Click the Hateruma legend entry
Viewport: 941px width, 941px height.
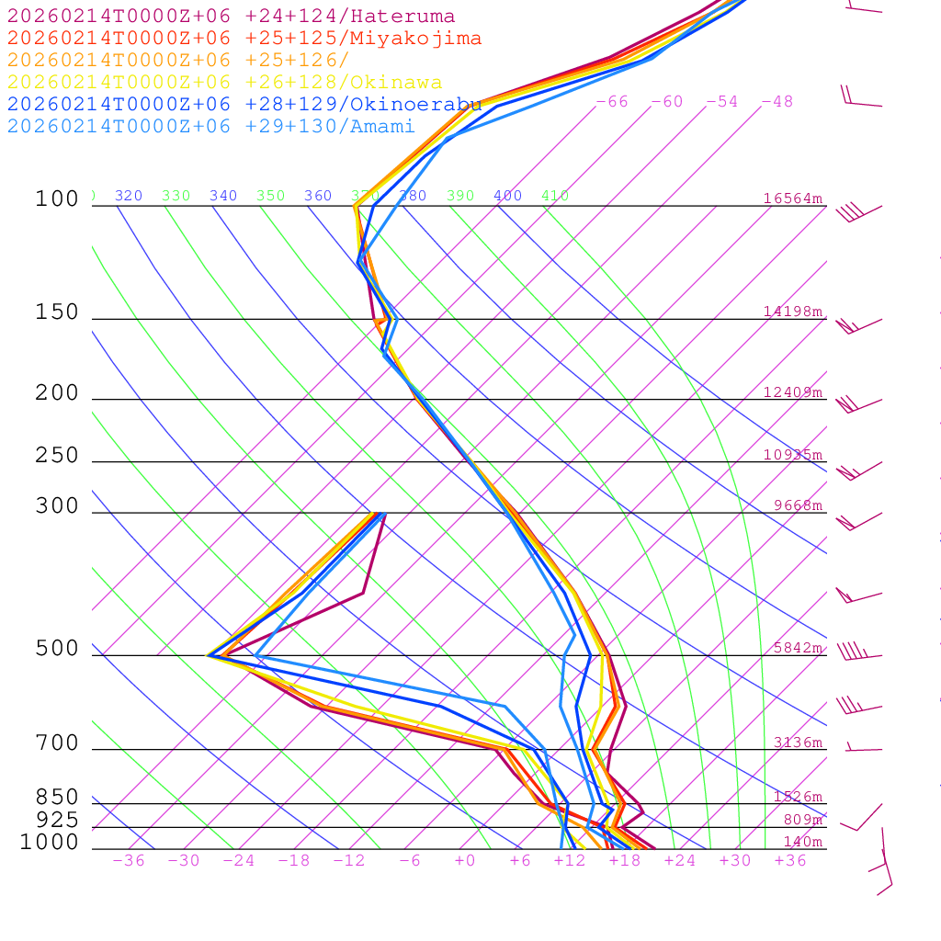231,17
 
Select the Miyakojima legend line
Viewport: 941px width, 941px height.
244,39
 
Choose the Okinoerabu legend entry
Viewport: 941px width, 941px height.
244,105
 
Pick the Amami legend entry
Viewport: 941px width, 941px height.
210,127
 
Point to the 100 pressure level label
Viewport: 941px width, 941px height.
57,198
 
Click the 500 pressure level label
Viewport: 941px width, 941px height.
57,649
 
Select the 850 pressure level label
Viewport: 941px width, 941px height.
57,798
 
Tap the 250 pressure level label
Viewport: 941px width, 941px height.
57,456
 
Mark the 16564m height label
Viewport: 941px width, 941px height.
793,198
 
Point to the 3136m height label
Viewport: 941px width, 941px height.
798,743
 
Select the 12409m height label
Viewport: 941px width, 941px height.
793,392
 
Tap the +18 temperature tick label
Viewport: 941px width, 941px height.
624,860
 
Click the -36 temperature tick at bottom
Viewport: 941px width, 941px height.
128,860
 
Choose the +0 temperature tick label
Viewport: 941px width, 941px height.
465,860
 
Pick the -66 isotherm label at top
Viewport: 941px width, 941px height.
612,101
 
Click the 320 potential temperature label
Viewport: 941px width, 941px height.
129,196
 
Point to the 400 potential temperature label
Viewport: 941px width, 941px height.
507,196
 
